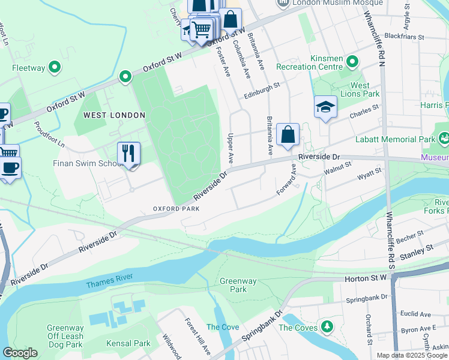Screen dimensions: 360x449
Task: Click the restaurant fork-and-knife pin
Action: [129, 154]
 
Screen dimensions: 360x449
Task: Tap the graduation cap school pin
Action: [325, 107]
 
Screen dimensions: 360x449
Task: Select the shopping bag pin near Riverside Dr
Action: [288, 134]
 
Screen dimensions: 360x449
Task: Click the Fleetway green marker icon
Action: [55, 68]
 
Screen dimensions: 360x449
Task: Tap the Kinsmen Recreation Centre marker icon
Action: [352, 61]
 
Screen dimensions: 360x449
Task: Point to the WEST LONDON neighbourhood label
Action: [114, 115]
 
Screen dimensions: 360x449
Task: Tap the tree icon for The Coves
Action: [327, 327]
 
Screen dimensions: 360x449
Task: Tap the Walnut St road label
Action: [337, 172]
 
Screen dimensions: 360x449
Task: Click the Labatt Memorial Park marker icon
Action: [444, 139]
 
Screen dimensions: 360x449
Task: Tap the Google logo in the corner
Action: [20, 353]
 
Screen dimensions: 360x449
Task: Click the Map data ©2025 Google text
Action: [412, 355]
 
